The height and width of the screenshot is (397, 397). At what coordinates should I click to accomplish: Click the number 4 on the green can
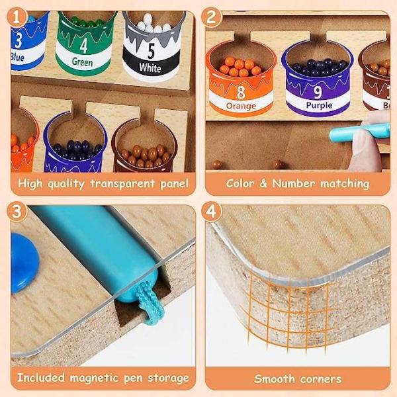coord(84,46)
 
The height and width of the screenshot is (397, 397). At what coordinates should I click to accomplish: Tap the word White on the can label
coord(150,67)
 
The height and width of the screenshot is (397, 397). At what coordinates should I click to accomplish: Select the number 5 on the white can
coord(151,51)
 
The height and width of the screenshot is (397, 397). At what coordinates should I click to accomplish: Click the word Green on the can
coord(82,62)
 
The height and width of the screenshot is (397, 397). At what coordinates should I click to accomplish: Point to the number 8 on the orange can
coord(241,92)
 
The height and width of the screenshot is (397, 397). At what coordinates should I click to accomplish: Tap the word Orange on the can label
coord(241,106)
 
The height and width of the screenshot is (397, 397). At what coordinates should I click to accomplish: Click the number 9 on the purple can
coord(318,92)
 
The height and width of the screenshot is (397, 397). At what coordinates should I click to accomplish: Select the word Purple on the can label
coord(319,105)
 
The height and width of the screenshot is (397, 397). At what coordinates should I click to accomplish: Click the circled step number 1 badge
coord(17,17)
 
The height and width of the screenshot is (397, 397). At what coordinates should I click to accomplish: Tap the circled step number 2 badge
coord(212,17)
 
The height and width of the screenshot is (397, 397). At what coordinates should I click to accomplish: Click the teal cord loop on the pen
coord(150,303)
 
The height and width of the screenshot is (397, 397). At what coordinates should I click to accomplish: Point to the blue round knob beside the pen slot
coord(24,263)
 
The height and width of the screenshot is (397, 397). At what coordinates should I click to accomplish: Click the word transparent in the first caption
coord(122,183)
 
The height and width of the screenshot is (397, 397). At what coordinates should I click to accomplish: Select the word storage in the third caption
coord(168,378)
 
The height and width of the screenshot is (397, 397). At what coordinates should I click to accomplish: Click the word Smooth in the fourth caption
coord(275,378)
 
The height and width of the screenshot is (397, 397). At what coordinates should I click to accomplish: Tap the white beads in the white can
coord(153,24)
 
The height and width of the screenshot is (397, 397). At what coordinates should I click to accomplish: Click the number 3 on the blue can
coord(19,40)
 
